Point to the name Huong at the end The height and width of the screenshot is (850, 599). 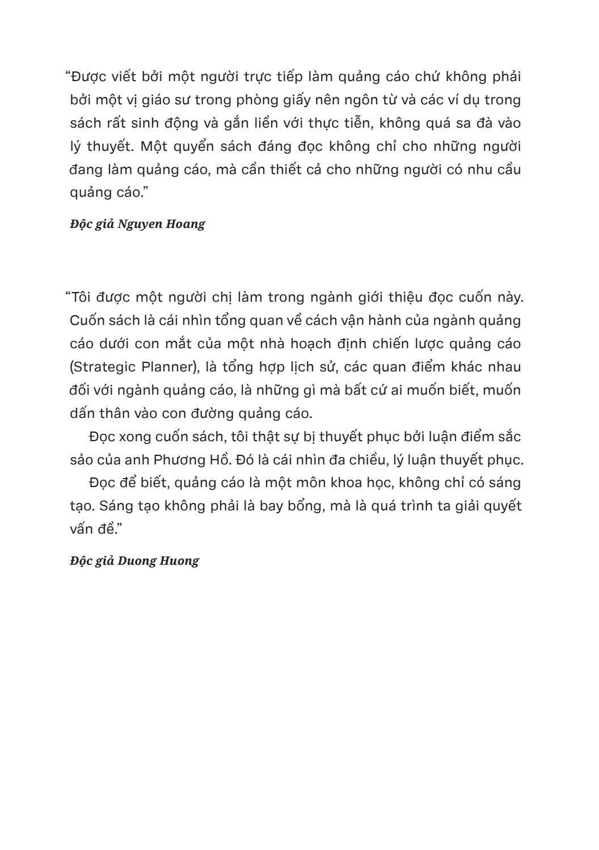(x=181, y=561)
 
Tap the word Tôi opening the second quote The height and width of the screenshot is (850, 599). (x=83, y=297)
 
